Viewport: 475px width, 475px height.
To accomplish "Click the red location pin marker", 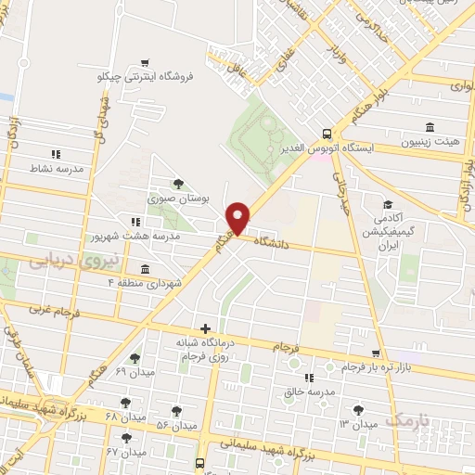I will pos(238,218).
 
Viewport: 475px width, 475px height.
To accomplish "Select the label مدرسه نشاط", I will pos(58,169).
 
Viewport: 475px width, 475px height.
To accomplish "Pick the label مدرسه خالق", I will pos(308,392).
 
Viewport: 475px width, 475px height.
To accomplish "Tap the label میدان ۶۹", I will pos(134,371).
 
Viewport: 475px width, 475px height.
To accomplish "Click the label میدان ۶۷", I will pos(127,452).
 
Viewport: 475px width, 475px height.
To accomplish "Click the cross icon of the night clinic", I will pos(205,327).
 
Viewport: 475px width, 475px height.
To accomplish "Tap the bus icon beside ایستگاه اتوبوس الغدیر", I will pos(326,133).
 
